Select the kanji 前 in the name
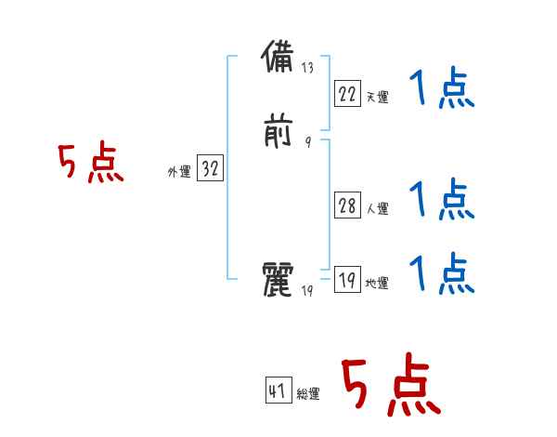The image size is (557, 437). [x=279, y=132]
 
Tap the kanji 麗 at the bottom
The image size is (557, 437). [x=279, y=280]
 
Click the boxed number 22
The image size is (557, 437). [x=347, y=94]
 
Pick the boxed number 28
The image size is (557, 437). [x=347, y=206]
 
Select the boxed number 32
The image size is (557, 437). [x=210, y=170]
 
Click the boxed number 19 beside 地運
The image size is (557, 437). [x=347, y=280]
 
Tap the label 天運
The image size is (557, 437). [x=377, y=97]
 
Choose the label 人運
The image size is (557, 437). [x=377, y=209]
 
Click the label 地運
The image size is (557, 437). [x=377, y=284]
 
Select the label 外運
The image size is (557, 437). [x=178, y=173]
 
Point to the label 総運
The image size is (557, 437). [x=308, y=395]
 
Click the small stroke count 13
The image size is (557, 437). [x=308, y=68]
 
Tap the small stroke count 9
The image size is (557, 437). [x=307, y=142]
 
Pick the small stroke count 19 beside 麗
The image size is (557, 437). [x=308, y=292]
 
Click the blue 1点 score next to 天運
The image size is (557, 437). [x=442, y=90]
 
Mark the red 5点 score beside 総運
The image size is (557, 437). [x=390, y=386]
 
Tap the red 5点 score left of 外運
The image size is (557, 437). [x=91, y=165]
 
